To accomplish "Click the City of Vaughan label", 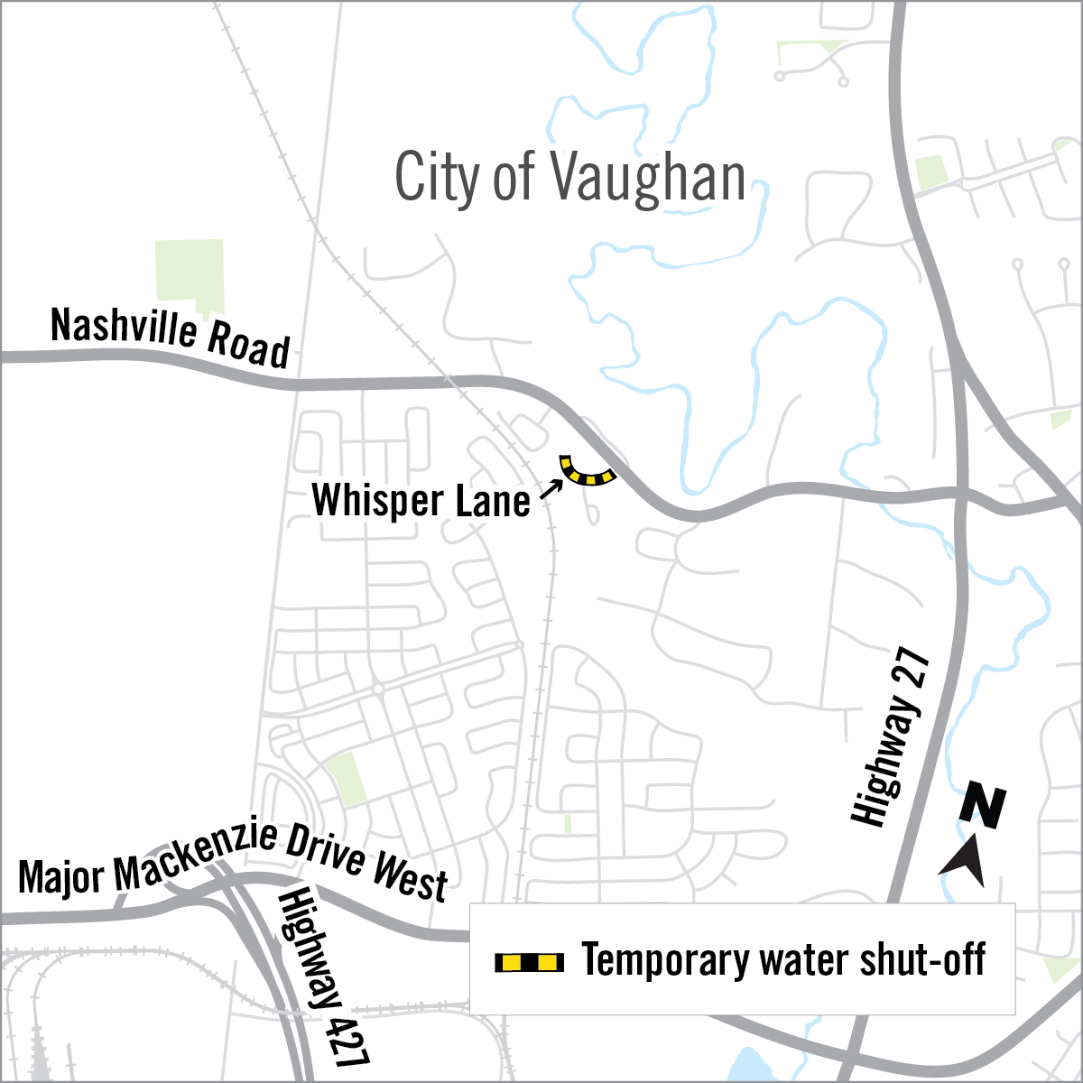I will [570, 178].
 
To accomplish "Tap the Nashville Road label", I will [171, 337].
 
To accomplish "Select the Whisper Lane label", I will [421, 501].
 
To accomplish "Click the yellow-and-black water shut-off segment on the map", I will [584, 473].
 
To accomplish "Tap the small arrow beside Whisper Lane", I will [551, 489].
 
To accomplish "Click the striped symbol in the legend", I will [529, 962].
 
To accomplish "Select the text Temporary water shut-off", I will [783, 960].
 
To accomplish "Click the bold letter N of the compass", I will [983, 806].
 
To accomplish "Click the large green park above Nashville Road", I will [190, 270].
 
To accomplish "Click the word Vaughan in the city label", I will [646, 178].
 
